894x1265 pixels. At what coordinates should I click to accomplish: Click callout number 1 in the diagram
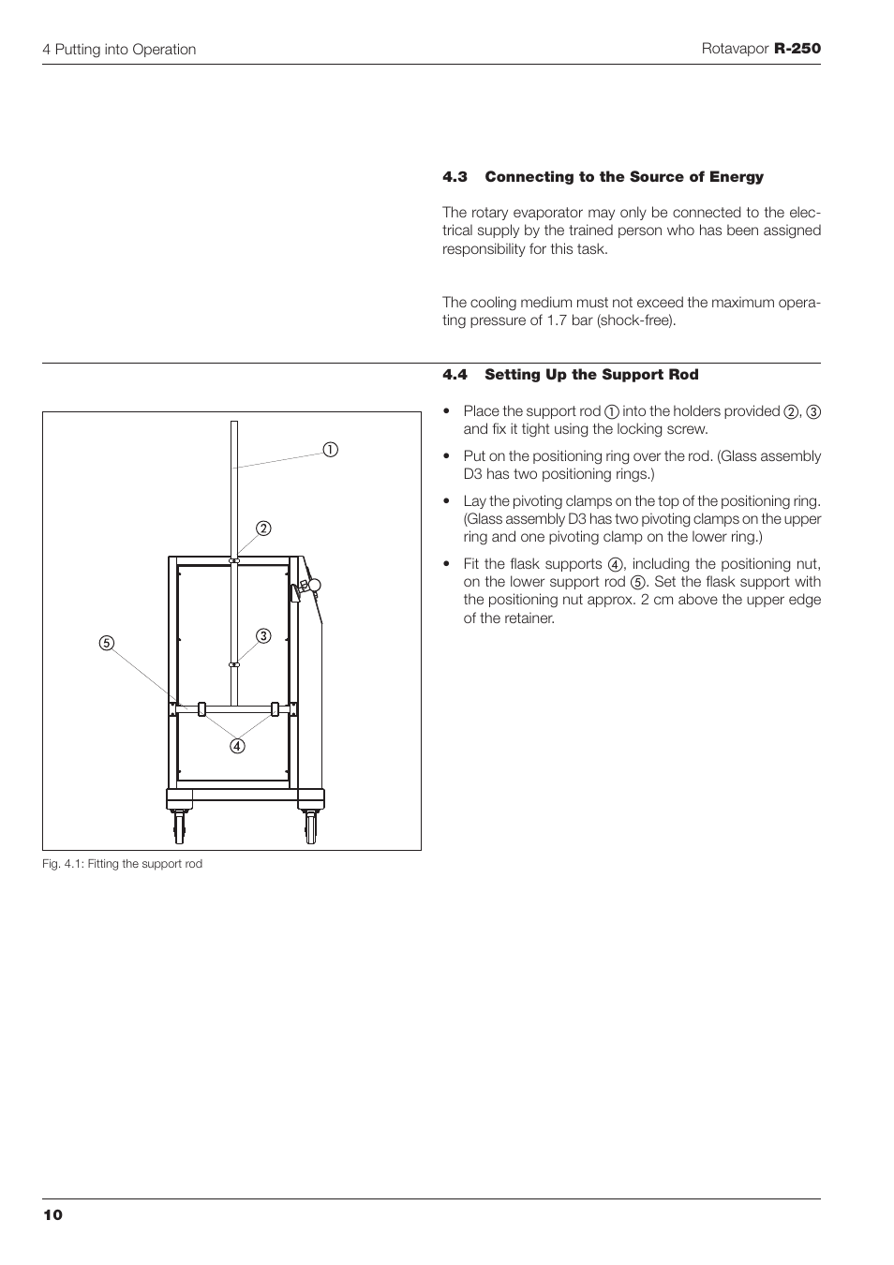(331, 449)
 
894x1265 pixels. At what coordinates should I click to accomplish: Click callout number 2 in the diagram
(264, 528)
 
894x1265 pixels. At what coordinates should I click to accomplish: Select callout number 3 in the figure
(264, 636)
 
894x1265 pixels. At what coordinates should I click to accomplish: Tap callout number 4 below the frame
(238, 747)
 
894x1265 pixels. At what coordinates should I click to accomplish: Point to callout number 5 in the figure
(107, 643)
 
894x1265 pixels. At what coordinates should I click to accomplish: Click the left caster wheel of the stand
(178, 826)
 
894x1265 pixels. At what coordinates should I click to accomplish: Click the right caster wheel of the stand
(310, 826)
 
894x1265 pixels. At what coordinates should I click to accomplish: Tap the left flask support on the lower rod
(201, 708)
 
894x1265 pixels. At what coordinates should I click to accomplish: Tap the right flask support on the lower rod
(275, 708)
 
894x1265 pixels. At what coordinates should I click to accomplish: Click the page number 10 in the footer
(52, 1215)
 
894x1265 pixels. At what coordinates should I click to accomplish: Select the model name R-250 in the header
(797, 49)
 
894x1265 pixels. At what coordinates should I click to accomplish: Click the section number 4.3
(454, 177)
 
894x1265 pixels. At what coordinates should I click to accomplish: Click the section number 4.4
(454, 375)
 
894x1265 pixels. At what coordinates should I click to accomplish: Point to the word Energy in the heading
(737, 177)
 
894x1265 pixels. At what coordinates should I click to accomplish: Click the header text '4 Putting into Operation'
(119, 50)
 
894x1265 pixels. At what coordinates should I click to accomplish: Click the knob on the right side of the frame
(313, 586)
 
